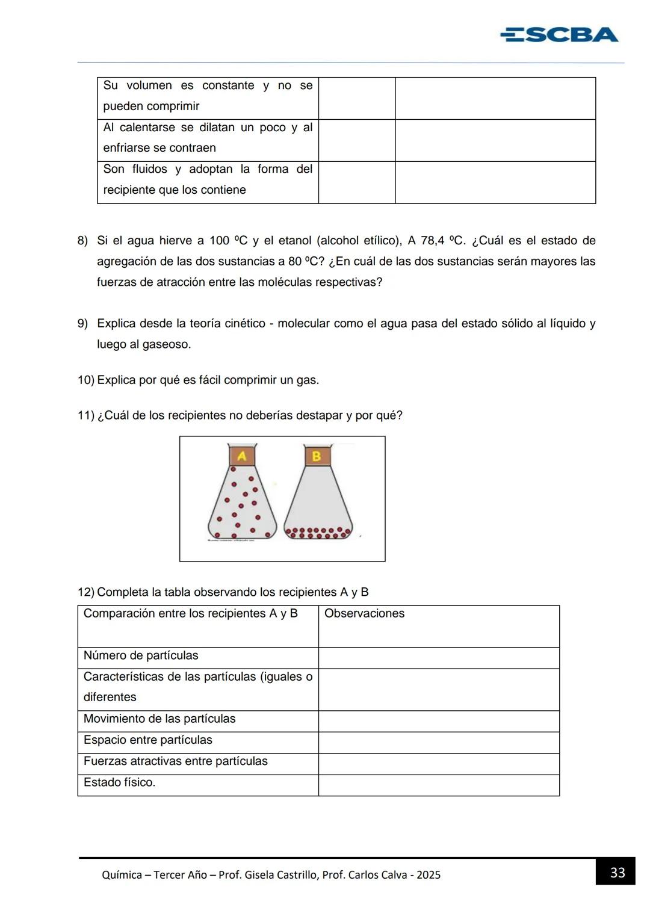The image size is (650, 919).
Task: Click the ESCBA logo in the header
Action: pyautogui.click(x=559, y=35)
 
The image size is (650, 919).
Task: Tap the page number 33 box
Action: pyautogui.click(x=617, y=872)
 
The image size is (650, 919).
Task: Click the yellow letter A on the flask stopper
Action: pyautogui.click(x=242, y=456)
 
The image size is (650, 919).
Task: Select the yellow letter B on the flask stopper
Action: pyautogui.click(x=317, y=456)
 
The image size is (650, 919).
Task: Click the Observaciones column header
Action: pyautogui.click(x=364, y=613)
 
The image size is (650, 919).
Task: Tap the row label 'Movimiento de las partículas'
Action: pyautogui.click(x=159, y=719)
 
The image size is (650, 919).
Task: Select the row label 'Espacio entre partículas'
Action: pyautogui.click(x=148, y=740)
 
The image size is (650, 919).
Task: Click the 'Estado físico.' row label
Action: pyautogui.click(x=119, y=782)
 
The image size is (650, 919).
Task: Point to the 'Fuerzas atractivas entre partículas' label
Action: pyautogui.click(x=176, y=761)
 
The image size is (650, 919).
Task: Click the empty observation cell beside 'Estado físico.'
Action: pyautogui.click(x=439, y=785)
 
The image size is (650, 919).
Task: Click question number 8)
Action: pyautogui.click(x=82, y=241)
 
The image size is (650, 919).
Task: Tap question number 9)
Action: pyautogui.click(x=82, y=324)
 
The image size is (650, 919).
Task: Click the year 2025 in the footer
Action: pyautogui.click(x=429, y=875)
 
